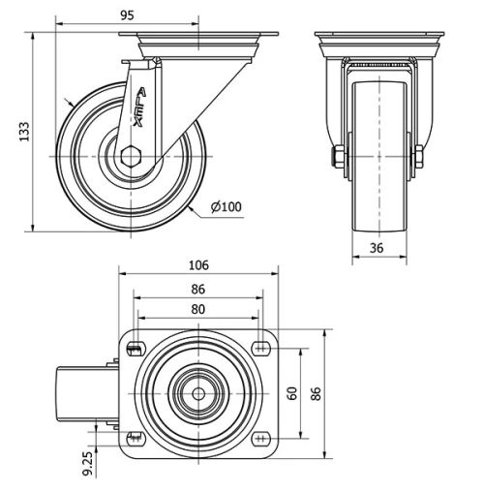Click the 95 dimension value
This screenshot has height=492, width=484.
(127, 15)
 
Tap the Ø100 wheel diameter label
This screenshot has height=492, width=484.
(226, 206)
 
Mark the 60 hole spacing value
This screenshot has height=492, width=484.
(290, 392)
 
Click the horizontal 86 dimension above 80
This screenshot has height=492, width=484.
(198, 289)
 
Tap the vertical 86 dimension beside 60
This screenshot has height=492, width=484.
(314, 392)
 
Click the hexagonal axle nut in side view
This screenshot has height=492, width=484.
(134, 155)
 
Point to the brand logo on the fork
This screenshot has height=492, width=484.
(138, 108)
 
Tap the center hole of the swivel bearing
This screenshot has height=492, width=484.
(197, 393)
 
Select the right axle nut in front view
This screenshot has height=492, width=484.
(420, 157)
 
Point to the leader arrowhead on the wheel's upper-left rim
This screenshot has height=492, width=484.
(69, 103)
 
